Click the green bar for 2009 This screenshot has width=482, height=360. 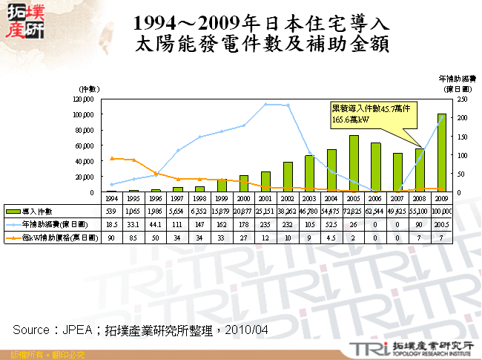pos(442,153)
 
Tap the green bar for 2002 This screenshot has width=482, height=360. pos(288,177)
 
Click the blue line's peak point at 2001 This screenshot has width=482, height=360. pos(265,105)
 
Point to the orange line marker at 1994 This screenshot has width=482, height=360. pos(111,158)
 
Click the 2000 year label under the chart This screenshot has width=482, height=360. pos(243,200)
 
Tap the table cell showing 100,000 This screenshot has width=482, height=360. pos(442,212)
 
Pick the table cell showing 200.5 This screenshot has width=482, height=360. pos(442,225)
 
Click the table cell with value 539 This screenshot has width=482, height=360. pos(111,212)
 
